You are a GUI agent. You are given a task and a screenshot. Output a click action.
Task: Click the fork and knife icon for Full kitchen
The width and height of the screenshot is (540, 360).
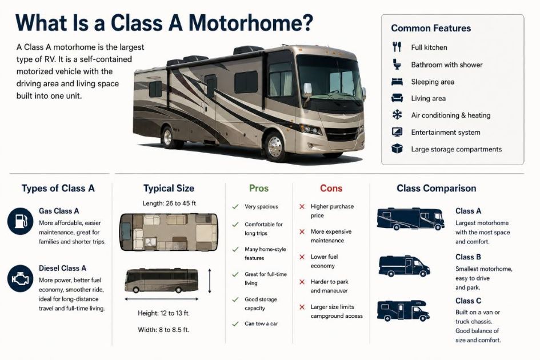(397, 47)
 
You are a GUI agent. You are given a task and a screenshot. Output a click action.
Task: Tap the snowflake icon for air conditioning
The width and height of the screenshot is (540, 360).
(397, 115)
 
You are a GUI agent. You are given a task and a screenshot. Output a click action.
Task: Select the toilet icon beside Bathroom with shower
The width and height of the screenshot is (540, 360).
(397, 64)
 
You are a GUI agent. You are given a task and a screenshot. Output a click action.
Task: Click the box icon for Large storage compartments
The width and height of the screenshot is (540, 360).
(397, 149)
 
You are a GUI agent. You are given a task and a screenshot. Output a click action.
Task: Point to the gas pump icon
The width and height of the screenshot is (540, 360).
(21, 221)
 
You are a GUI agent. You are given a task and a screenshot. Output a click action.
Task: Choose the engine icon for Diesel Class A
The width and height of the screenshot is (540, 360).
(21, 278)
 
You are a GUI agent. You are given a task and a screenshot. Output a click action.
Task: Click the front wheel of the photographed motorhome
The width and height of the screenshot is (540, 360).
(275, 146)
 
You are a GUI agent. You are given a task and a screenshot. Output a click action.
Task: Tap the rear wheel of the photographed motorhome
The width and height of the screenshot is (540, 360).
(168, 137)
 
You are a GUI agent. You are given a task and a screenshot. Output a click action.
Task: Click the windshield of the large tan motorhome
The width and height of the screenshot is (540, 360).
(329, 78)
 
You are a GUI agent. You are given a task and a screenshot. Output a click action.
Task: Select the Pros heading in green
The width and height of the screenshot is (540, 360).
(259, 188)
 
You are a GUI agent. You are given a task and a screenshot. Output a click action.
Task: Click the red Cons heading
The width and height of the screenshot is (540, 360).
(331, 188)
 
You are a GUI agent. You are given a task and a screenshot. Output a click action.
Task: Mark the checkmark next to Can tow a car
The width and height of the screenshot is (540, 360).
(235, 324)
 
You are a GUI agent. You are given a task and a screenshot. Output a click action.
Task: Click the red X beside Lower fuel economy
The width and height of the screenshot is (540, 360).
(302, 257)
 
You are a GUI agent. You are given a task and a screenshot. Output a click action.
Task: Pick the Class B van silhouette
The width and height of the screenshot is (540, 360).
(404, 266)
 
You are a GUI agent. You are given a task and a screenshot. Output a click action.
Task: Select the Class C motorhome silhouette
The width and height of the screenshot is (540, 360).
(403, 310)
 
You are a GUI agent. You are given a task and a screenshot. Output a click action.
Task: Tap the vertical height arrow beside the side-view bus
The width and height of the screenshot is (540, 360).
(210, 281)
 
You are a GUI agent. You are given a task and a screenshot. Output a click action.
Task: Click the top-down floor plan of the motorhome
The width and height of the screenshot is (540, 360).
(169, 232)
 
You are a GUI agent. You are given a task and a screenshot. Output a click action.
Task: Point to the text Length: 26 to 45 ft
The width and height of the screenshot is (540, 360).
(169, 203)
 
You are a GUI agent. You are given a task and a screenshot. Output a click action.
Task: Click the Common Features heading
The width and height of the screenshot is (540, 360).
(431, 28)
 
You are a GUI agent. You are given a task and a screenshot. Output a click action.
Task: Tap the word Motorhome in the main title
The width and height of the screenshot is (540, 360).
(251, 23)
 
